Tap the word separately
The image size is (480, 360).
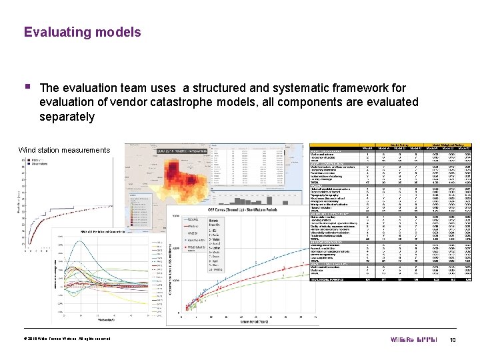click(x=67, y=117)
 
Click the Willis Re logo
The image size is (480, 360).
click(x=413, y=340)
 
